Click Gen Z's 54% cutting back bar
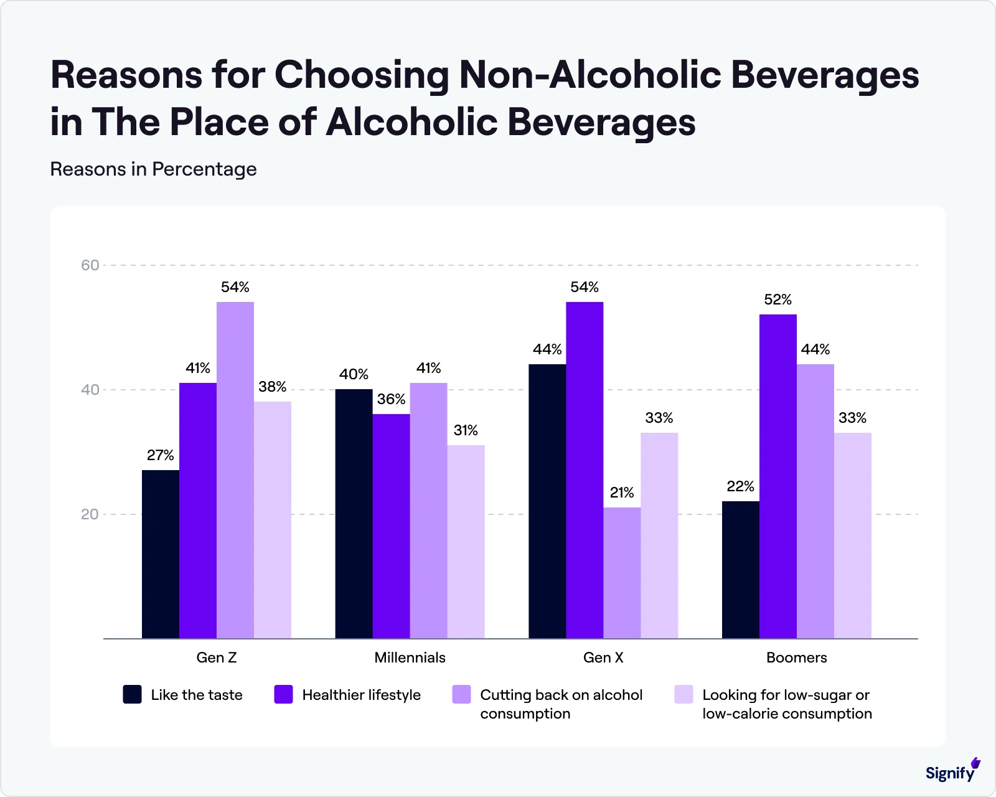[x=235, y=470]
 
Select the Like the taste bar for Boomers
[x=740, y=570]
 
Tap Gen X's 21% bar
[x=622, y=573]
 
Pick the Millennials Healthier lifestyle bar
[x=391, y=526]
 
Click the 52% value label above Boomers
[x=778, y=300]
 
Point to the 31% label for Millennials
[x=466, y=431]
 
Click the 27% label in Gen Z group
[x=160, y=456]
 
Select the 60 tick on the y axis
[x=90, y=265]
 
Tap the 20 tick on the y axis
[x=90, y=514]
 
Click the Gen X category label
[x=603, y=658]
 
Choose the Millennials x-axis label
[x=410, y=658]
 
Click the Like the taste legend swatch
[x=132, y=694]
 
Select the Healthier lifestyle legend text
[x=361, y=695]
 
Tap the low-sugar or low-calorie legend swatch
[x=684, y=694]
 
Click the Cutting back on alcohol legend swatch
[x=461, y=694]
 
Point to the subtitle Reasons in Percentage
[x=153, y=169]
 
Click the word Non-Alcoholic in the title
[x=589, y=75]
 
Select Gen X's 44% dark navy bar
[x=547, y=501]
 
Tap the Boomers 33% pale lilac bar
[x=852, y=535]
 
